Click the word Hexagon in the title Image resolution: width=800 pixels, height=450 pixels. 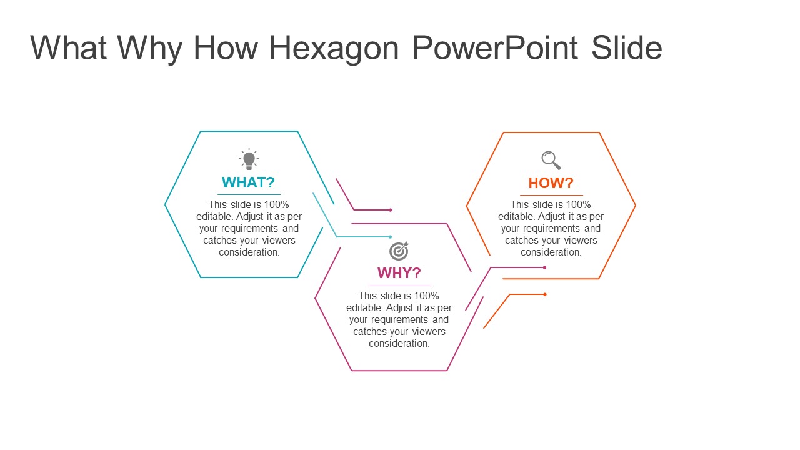pos(334,49)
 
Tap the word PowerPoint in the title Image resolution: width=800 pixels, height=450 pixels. pos(495,47)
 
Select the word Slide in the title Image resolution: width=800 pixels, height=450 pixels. pos(627,47)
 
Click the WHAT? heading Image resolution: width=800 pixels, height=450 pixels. pos(248,182)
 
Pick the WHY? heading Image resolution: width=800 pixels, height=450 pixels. pos(399,273)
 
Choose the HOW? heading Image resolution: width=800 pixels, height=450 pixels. pos(551,183)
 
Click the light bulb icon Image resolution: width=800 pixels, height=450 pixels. pos(249,159)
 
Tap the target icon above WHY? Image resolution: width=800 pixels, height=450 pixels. pos(399,251)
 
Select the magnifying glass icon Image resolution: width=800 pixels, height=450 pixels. pos(551,161)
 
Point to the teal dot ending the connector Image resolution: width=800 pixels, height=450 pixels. pos(391,237)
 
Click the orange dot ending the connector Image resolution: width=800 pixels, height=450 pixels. pos(545,294)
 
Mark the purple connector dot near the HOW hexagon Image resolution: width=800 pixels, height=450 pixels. pos(544,267)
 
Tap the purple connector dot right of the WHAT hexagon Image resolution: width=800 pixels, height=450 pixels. pos(391,210)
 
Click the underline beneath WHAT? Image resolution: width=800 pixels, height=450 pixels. pos(249,194)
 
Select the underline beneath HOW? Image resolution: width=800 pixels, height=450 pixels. pos(551,196)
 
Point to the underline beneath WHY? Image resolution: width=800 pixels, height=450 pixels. pos(399,286)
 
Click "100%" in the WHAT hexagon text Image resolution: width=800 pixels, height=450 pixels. pos(276,204)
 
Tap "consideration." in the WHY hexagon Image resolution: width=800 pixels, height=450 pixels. pos(399,344)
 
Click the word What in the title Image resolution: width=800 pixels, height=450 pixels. pos(69,47)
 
